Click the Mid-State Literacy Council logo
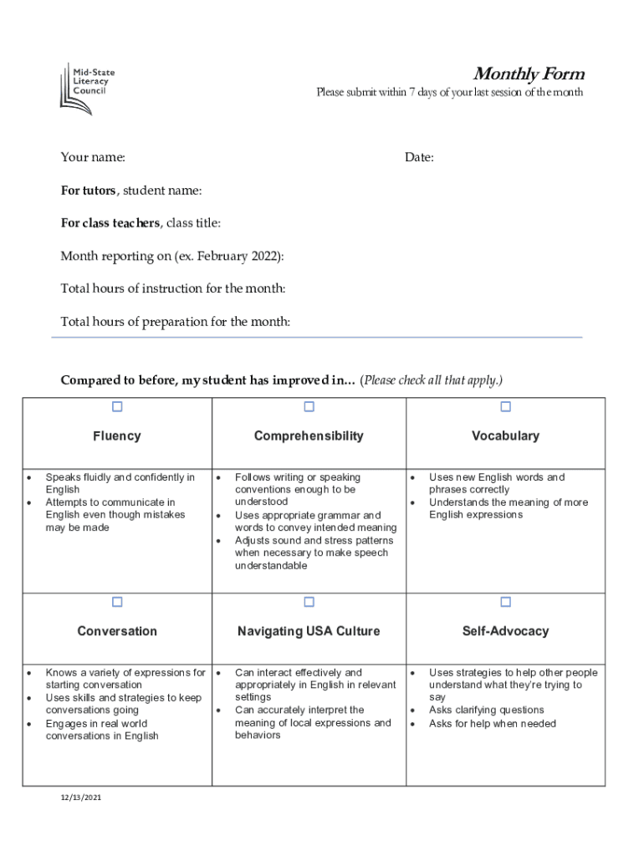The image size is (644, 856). click(x=87, y=88)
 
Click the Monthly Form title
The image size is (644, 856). click(x=528, y=74)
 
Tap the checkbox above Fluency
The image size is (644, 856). click(x=117, y=407)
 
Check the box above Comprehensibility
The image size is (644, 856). click(x=309, y=407)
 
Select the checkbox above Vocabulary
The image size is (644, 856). click(x=505, y=407)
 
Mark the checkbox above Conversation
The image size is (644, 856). click(x=117, y=602)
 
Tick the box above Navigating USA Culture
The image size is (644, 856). click(x=309, y=602)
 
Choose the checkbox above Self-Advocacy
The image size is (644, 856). click(x=505, y=602)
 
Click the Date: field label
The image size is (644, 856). click(x=419, y=157)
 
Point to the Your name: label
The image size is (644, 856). click(x=93, y=157)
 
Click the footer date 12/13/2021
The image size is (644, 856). click(x=80, y=797)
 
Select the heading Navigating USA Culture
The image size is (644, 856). click(x=309, y=631)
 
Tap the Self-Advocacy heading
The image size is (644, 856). click(x=505, y=631)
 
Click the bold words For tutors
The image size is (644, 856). click(x=88, y=191)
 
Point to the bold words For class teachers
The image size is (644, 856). click(x=110, y=223)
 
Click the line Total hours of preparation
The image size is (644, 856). click(x=176, y=322)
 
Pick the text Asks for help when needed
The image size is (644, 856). click(x=492, y=723)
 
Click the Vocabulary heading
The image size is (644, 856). click(x=505, y=436)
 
